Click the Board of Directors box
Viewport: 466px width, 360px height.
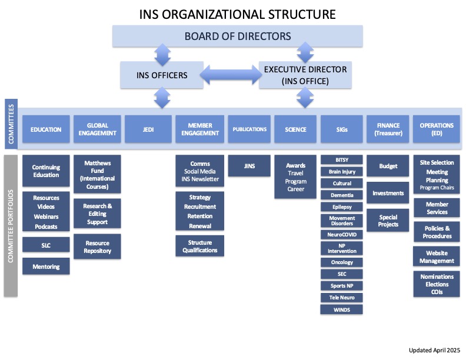click(237, 36)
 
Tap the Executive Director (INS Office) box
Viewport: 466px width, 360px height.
click(305, 75)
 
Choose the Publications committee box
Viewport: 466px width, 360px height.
click(249, 129)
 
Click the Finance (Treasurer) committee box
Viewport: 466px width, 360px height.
click(388, 129)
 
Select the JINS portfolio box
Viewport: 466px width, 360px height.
click(249, 166)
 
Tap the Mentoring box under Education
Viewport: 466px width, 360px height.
click(46, 266)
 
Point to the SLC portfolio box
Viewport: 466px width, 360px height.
click(46, 244)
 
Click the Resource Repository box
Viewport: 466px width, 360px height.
click(97, 247)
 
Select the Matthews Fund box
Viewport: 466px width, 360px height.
click(97, 174)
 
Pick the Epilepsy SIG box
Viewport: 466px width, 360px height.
click(342, 206)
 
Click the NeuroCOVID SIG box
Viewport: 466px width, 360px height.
click(342, 234)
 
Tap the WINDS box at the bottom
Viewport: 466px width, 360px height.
click(342, 309)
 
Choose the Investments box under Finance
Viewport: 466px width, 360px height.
click(388, 193)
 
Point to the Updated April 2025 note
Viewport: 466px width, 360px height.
click(434, 349)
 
